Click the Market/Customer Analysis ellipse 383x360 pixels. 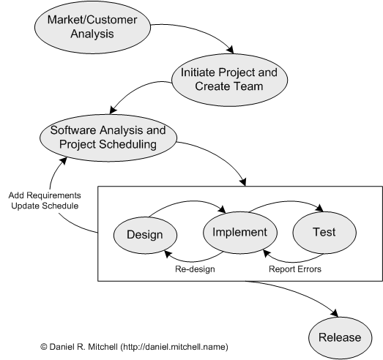(x=92, y=27)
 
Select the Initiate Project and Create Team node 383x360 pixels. (x=230, y=80)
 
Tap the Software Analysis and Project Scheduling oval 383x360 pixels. (x=108, y=138)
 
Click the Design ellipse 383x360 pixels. (x=145, y=235)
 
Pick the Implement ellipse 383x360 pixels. (x=240, y=233)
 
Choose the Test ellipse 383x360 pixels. (x=324, y=233)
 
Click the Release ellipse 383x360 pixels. (x=341, y=338)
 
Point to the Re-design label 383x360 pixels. (x=195, y=269)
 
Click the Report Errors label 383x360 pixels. (x=295, y=269)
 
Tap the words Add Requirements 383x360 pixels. (x=45, y=195)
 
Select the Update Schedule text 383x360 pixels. (x=45, y=206)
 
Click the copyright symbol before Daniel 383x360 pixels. (x=44, y=347)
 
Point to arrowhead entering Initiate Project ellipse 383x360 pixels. (x=231, y=50)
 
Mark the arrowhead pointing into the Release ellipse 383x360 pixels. (x=335, y=313)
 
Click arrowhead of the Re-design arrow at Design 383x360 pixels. (x=168, y=254)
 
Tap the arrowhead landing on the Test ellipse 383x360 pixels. (x=320, y=209)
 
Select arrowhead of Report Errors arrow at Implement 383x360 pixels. (x=267, y=253)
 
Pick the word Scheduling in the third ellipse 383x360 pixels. (x=127, y=144)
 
